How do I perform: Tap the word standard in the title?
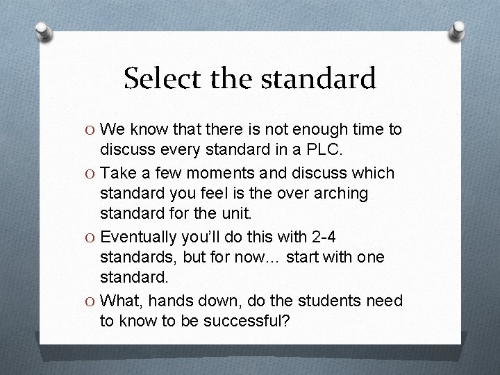click(x=320, y=78)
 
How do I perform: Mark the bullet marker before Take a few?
click(x=92, y=173)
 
